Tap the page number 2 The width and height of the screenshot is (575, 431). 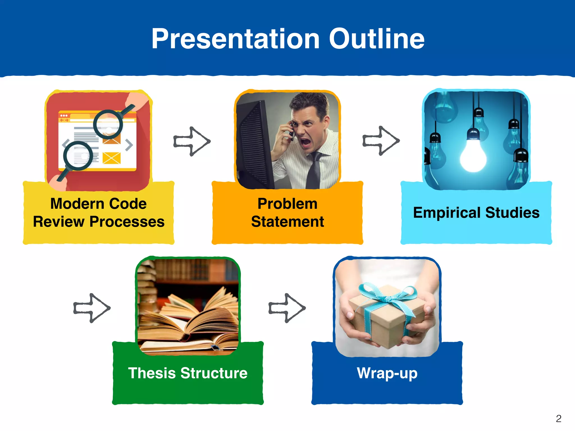coord(558,419)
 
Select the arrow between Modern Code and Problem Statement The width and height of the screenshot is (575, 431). coord(192,141)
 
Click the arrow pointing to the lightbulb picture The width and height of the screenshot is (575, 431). coord(381,141)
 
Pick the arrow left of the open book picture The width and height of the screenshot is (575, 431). coord(92,308)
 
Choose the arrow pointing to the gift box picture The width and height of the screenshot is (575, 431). coord(287,308)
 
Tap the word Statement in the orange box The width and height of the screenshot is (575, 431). coord(287,222)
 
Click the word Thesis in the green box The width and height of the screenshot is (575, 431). coord(152,373)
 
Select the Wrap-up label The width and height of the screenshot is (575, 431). coord(387,373)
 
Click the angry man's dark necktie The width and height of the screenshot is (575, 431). coord(314,171)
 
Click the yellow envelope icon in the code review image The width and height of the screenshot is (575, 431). coord(111,158)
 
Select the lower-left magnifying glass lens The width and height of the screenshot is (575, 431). coord(78,156)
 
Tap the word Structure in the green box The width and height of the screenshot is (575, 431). coord(214,373)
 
